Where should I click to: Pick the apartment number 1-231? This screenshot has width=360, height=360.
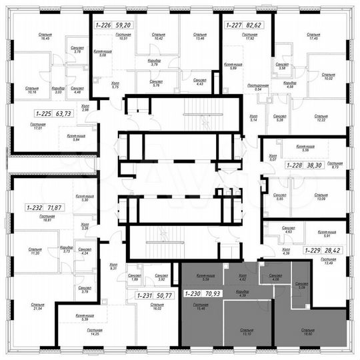[x=145, y=294]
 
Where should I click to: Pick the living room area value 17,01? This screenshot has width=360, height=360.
[x=28, y=127]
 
